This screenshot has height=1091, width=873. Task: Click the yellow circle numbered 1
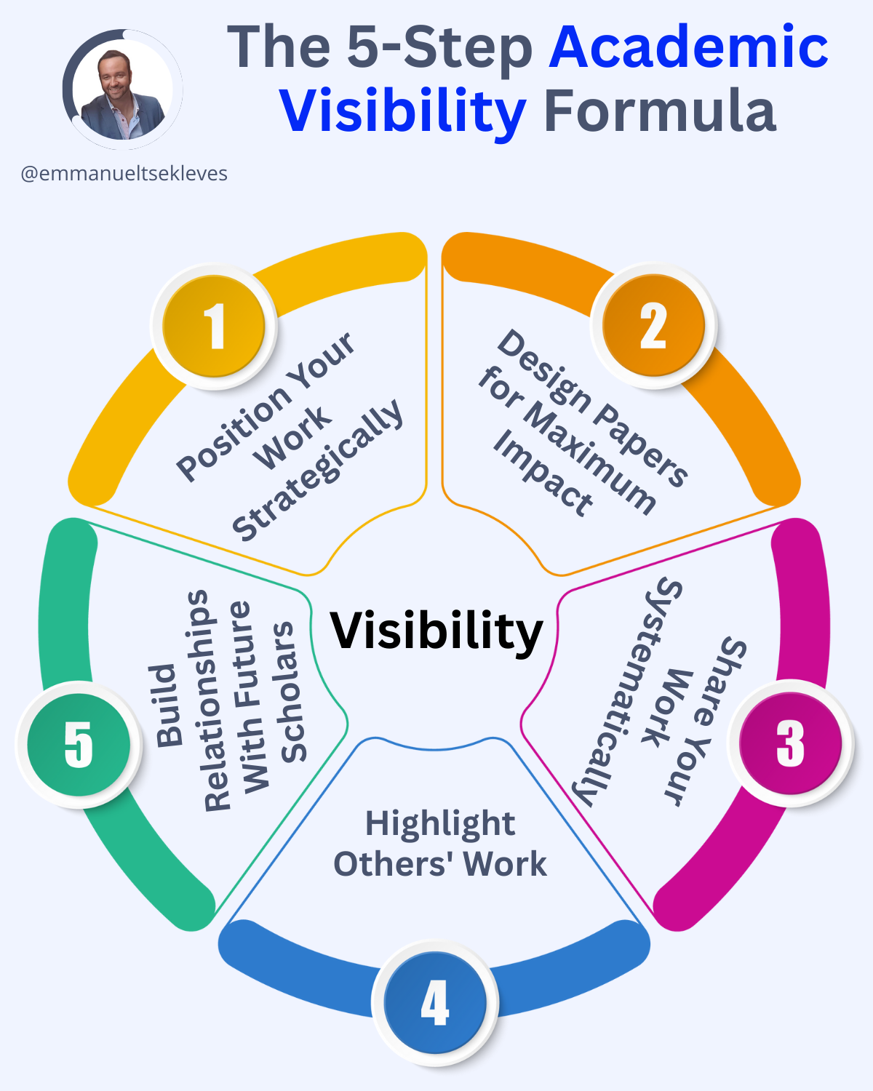pos(214,327)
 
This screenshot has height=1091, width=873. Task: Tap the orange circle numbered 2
pos(653,327)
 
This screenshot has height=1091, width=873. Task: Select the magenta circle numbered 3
pos(790,744)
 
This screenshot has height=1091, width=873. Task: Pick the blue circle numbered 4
pos(435,1003)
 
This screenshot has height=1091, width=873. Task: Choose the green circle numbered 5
pos(79,744)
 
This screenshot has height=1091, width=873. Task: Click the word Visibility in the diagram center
pos(436,630)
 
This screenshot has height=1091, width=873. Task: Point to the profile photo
pos(122,91)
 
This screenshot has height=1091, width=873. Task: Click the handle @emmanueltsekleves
pos(124,174)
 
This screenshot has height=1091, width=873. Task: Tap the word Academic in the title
pos(688,47)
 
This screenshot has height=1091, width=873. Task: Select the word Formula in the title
pos(660,111)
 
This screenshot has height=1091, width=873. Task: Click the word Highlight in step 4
pos(440,824)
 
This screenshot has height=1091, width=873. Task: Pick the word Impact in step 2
pos(543,473)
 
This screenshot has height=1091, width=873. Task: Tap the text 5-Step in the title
pos(439,47)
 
